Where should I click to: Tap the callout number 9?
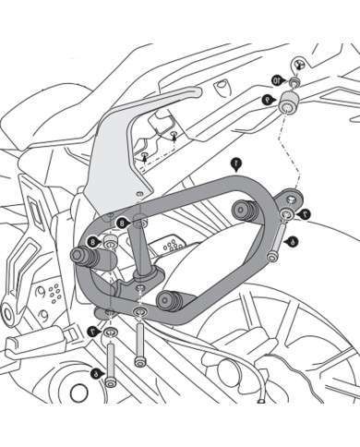click(x=268, y=98)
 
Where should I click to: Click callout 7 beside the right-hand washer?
click(x=306, y=215)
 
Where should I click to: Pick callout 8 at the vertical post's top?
click(x=124, y=223)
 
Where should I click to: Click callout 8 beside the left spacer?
click(x=93, y=242)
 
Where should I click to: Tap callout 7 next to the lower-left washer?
click(x=92, y=330)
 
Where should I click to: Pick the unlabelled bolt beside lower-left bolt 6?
click(x=139, y=347)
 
